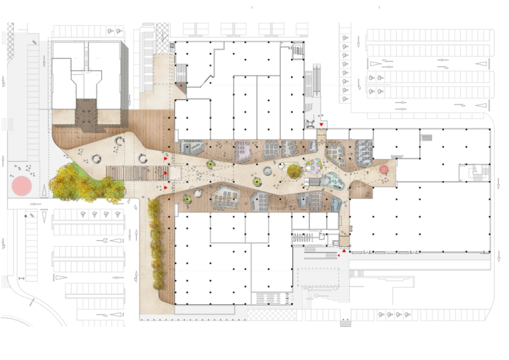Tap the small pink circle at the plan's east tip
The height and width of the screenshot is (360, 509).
click(384, 169)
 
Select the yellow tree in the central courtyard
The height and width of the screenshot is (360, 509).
click(294, 171)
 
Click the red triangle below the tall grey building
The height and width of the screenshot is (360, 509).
click(321, 125)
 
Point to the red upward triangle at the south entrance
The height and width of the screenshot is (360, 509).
click(344, 251)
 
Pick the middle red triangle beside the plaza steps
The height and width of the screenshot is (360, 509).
click(166, 173)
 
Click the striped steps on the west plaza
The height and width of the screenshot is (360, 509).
click(136, 173)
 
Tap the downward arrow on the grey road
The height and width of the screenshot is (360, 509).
click(44, 61)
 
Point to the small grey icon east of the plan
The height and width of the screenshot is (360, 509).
click(479, 172)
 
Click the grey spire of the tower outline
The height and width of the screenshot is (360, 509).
click(86, 56)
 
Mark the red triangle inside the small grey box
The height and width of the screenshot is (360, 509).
click(181, 86)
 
